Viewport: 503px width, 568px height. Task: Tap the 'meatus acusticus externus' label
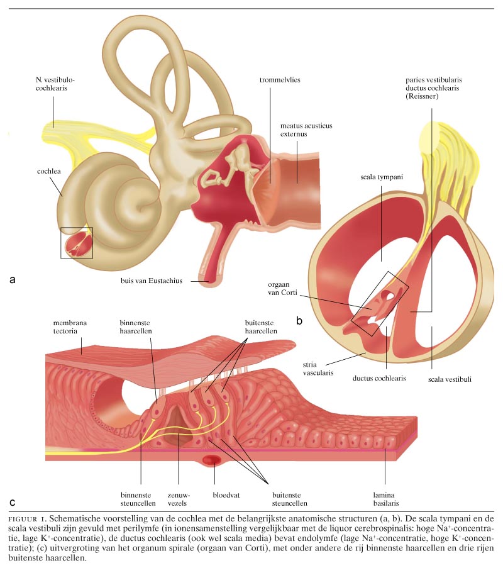(x=306, y=130)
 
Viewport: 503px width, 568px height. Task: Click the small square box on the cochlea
(x=77, y=243)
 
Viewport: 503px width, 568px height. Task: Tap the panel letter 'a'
(x=13, y=279)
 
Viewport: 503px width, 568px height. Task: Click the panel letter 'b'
(x=300, y=321)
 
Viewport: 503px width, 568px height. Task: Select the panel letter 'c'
(x=13, y=503)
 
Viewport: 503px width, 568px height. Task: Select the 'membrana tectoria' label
(x=70, y=327)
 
